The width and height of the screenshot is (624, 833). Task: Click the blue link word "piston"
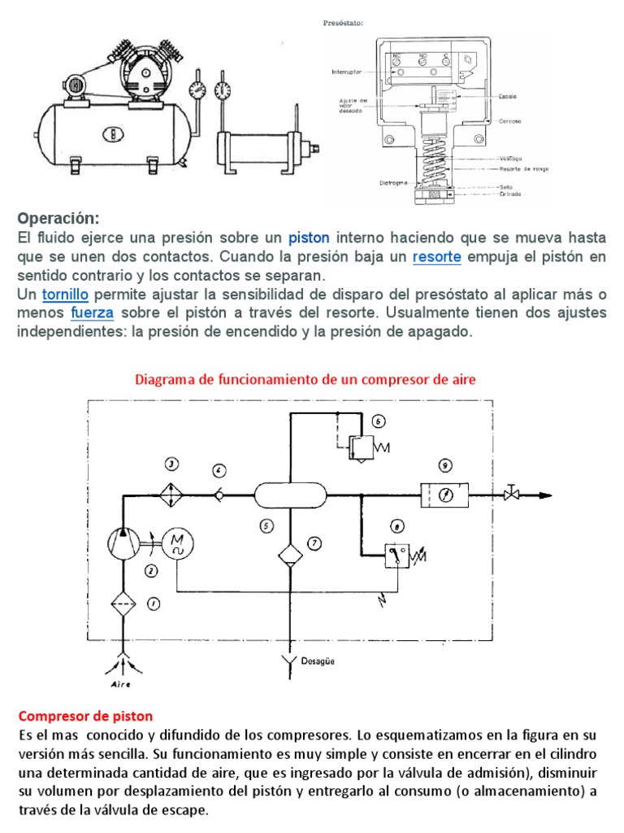pos(309,238)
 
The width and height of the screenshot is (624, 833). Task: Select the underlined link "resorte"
pos(437,256)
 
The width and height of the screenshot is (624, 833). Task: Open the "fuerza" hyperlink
pos(93,312)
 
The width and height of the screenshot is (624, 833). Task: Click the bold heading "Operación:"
pos(58,218)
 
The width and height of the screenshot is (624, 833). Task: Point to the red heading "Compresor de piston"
pos(85,716)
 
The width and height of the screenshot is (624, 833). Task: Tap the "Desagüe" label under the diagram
pos(318,661)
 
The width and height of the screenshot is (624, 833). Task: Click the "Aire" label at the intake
pos(121,684)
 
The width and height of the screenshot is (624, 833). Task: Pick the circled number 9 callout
pos(444,465)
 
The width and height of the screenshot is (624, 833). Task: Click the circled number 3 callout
pos(171,464)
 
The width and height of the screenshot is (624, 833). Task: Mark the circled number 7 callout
pos(315,543)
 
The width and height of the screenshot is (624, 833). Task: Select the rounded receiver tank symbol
pos(290,495)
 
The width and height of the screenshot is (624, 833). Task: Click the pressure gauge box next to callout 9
pos(444,494)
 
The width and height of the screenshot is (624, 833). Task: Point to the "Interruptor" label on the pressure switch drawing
pos(347,72)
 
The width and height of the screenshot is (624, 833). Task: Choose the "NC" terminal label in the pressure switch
pos(397,56)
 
